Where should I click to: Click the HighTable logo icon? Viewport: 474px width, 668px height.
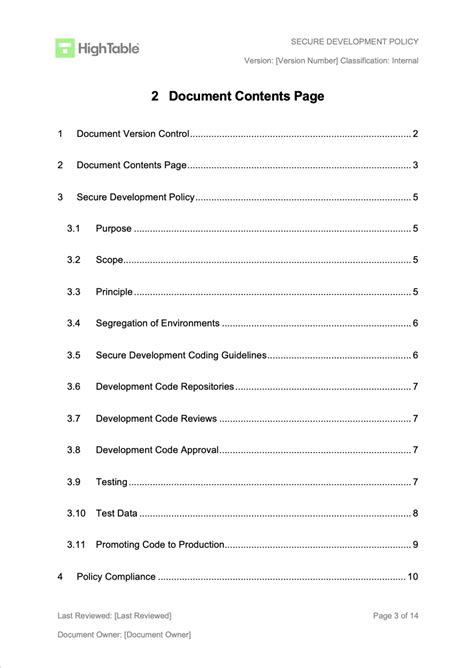(x=65, y=47)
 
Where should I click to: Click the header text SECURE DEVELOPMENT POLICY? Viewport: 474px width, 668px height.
(x=354, y=41)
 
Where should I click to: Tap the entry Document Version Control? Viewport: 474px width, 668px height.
(x=133, y=133)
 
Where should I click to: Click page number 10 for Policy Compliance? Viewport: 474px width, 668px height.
(x=412, y=577)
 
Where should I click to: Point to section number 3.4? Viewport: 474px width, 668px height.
(x=73, y=323)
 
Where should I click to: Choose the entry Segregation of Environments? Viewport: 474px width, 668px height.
(x=157, y=323)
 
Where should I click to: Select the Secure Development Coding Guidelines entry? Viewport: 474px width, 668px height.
(x=181, y=355)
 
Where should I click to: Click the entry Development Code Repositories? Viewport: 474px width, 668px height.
(x=165, y=387)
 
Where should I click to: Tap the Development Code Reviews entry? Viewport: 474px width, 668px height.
(x=155, y=418)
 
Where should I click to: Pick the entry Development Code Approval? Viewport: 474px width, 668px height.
(x=156, y=450)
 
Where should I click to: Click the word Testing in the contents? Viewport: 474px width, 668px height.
(x=111, y=482)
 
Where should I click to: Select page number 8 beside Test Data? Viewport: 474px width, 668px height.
(x=415, y=514)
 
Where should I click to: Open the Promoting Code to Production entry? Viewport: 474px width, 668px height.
(x=160, y=545)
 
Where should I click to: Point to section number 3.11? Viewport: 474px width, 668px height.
(x=76, y=545)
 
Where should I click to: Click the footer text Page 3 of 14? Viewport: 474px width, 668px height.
(x=395, y=615)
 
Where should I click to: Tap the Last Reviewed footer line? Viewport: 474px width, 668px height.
(x=114, y=615)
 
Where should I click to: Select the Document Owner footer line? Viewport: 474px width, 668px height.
(x=124, y=635)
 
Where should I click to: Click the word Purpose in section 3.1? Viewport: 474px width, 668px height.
(x=113, y=228)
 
